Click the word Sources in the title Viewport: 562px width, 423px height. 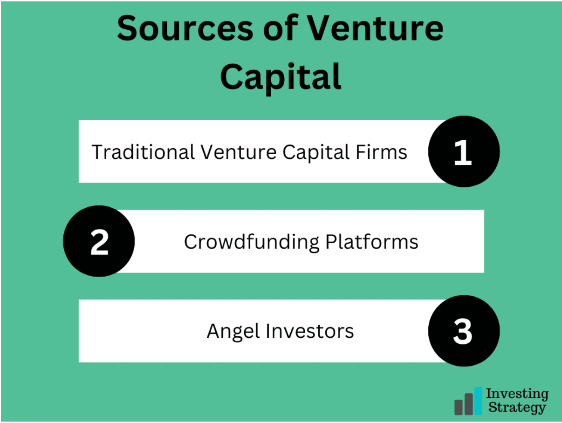coord(185,28)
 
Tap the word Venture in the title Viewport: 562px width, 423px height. coord(375,27)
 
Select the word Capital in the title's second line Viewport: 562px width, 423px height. coord(281,77)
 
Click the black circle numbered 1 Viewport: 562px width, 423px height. coord(464,151)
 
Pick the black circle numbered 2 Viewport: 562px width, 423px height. coord(99,241)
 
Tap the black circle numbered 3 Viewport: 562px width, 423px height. coord(464,331)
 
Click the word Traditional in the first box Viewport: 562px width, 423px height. coord(143,152)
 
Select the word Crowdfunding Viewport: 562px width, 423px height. coord(252,242)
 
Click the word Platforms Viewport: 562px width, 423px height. coord(372,242)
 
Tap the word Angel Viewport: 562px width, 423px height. coord(233,332)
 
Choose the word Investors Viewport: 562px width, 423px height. coord(310,331)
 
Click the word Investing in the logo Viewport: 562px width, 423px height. coord(517,394)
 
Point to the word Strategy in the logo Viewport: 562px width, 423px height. coord(517,408)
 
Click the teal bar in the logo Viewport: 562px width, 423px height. coord(478,401)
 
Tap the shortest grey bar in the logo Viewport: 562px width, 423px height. coord(458,407)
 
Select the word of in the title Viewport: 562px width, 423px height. coord(281,27)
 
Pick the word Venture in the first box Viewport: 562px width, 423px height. coord(239,152)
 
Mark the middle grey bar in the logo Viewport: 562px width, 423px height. coord(468,404)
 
